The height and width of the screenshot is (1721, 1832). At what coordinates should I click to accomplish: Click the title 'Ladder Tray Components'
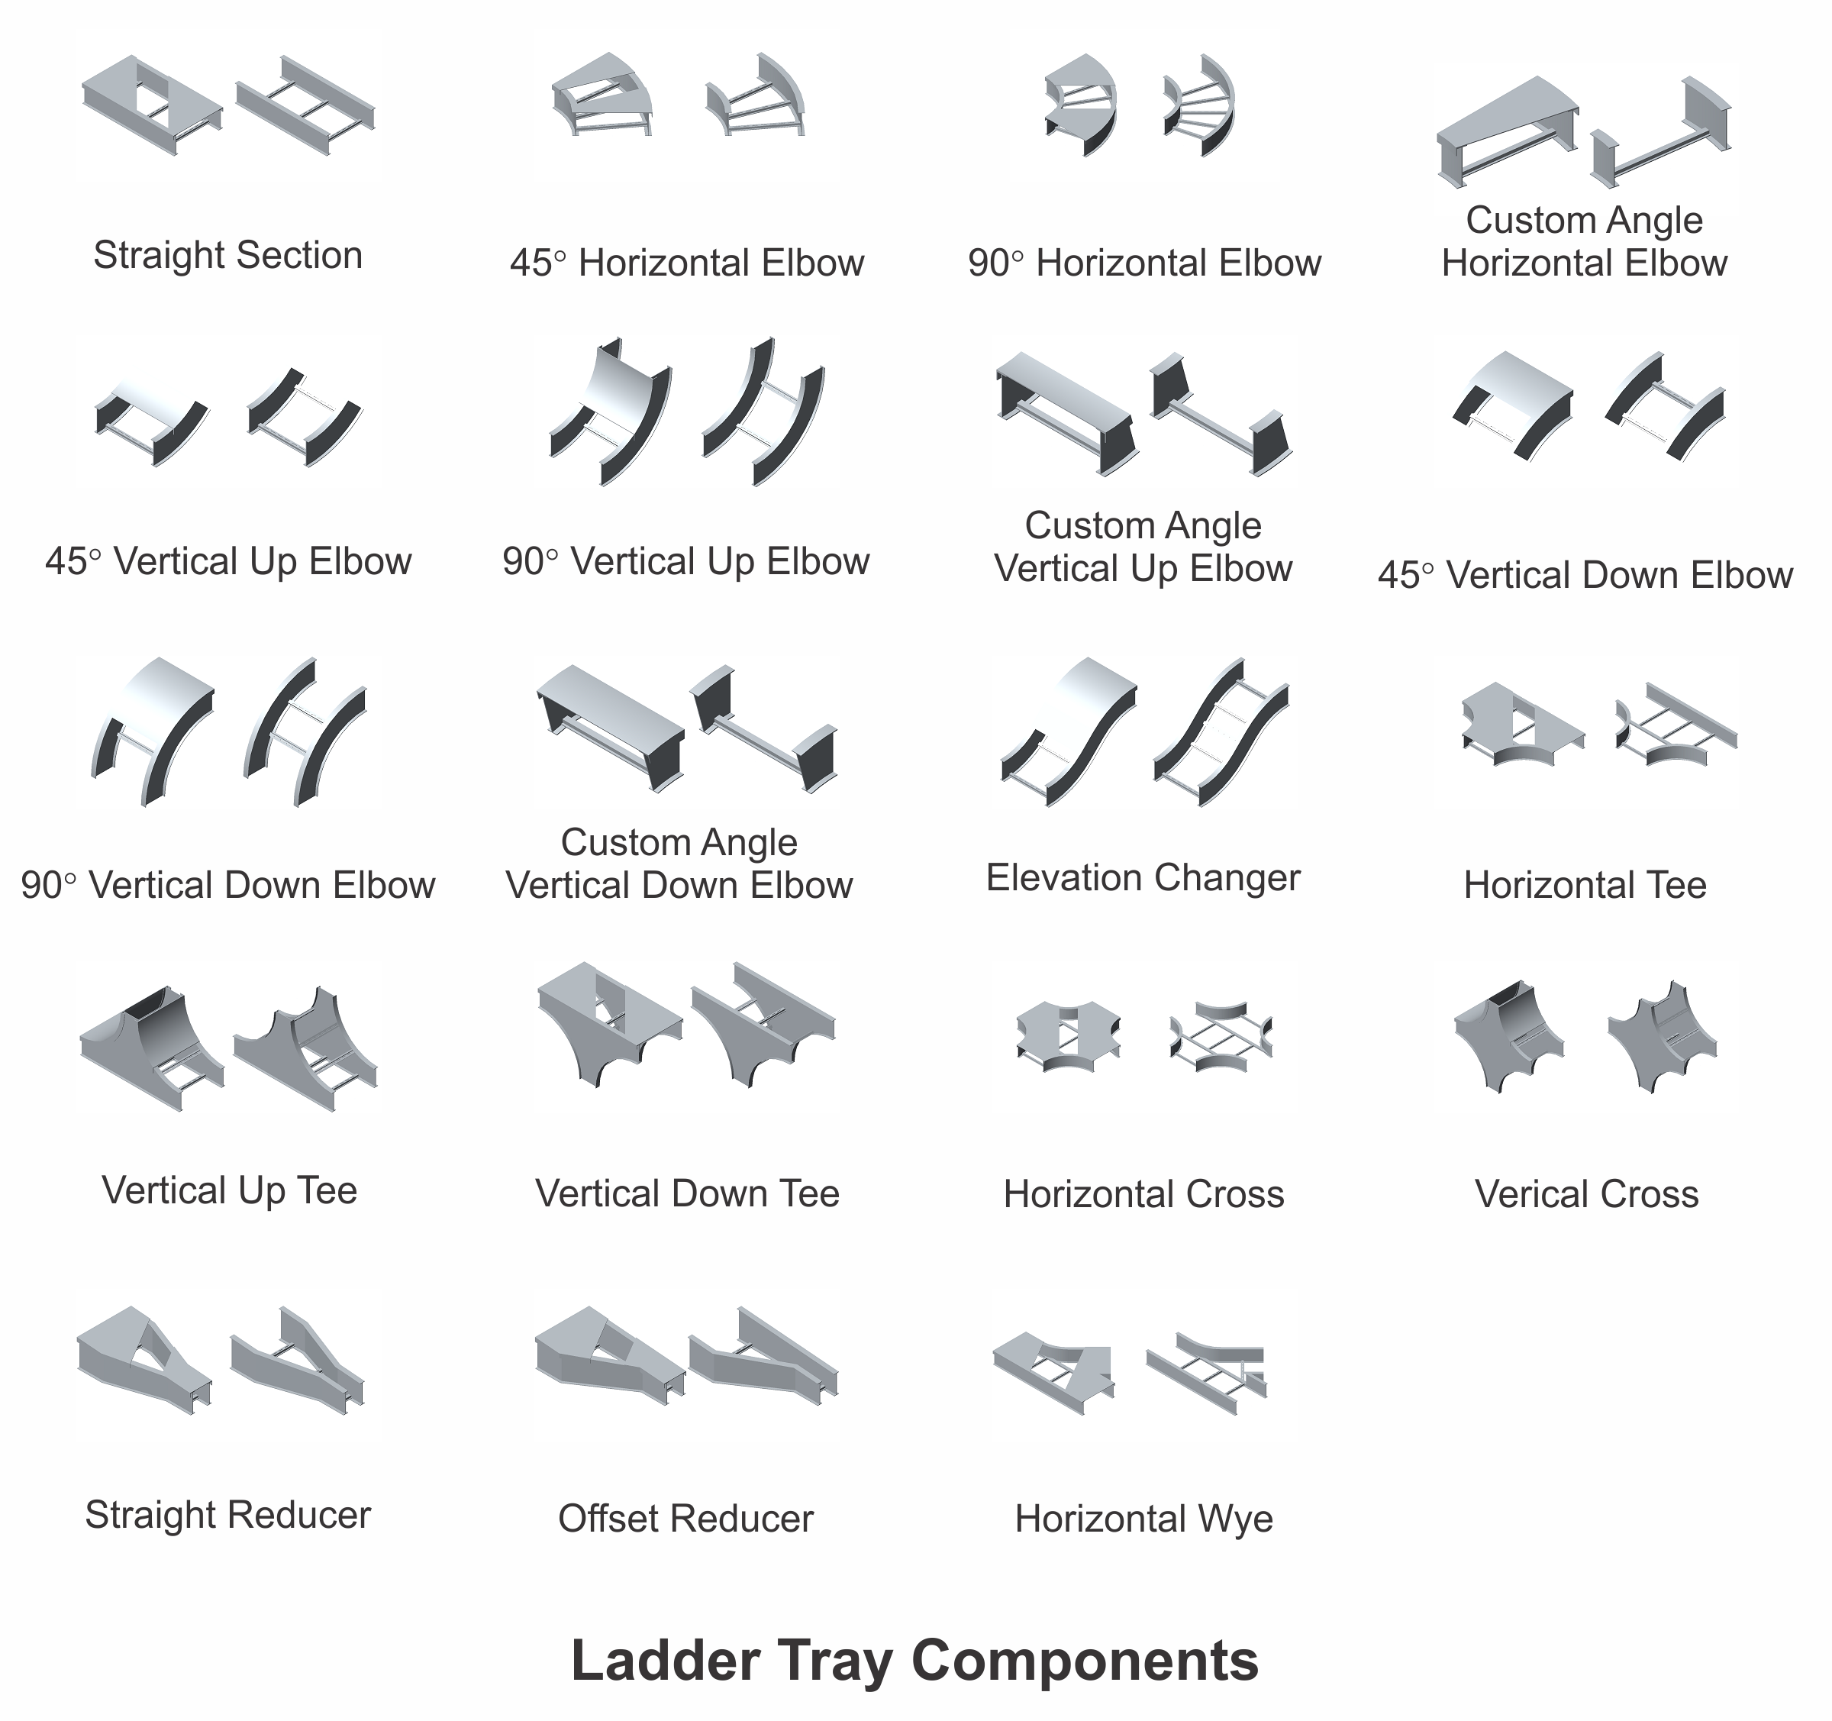[x=914, y=1661]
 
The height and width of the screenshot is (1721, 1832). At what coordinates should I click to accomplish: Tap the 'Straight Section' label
[x=227, y=255]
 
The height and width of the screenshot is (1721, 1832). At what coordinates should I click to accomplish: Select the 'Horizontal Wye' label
[x=1143, y=1519]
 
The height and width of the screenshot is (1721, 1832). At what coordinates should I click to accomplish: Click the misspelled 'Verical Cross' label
[x=1586, y=1195]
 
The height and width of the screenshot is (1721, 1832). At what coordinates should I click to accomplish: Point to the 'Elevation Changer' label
[x=1143, y=877]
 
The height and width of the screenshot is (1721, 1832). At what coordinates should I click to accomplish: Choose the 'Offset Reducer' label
[x=685, y=1519]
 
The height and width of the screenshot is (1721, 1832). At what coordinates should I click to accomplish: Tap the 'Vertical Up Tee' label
[x=230, y=1191]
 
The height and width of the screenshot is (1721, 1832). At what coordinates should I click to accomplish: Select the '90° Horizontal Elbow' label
[x=1144, y=263]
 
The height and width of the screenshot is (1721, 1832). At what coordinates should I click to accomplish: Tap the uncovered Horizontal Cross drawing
[x=1221, y=1037]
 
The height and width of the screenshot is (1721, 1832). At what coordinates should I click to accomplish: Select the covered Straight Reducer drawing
[x=146, y=1361]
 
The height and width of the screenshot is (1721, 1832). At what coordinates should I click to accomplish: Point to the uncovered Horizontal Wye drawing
[x=1206, y=1374]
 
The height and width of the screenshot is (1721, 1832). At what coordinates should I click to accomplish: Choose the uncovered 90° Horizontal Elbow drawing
[x=1199, y=106]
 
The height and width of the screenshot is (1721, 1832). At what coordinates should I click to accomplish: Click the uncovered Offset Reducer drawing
[x=763, y=1357]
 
